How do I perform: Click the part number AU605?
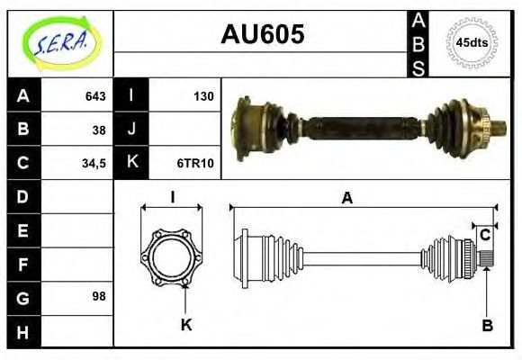click(x=262, y=35)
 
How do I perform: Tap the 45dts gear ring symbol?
click(x=472, y=42)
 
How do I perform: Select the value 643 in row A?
click(x=95, y=96)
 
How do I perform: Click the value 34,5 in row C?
click(x=94, y=163)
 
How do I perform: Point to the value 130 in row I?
click(x=203, y=96)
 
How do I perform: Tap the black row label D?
click(x=23, y=196)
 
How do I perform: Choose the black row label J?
click(x=132, y=130)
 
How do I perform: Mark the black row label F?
click(x=23, y=263)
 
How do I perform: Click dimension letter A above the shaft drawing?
click(x=346, y=199)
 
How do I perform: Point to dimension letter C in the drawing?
click(x=484, y=236)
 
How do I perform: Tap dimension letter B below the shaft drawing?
click(x=487, y=325)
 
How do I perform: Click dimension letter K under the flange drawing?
click(x=186, y=325)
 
